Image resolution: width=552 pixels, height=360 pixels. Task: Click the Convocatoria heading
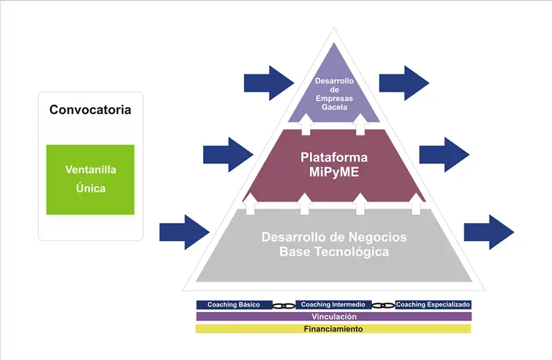pyautogui.click(x=90, y=109)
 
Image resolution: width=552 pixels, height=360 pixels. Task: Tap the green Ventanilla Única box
pyautogui.click(x=90, y=179)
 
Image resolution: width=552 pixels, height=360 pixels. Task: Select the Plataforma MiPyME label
pyautogui.click(x=334, y=164)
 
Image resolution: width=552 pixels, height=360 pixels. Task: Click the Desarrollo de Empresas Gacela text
pyautogui.click(x=334, y=94)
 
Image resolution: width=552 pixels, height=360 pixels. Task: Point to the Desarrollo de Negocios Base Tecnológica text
pyautogui.click(x=334, y=244)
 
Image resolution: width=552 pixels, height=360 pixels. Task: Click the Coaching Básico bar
pyautogui.click(x=234, y=305)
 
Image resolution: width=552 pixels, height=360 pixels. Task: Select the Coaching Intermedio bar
pyautogui.click(x=333, y=305)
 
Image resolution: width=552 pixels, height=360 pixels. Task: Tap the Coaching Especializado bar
pyautogui.click(x=433, y=305)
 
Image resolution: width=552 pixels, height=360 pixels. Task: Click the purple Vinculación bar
pyautogui.click(x=334, y=316)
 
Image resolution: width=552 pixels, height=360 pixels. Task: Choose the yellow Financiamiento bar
pyautogui.click(x=334, y=329)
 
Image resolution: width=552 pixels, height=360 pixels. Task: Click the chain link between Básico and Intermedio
pyautogui.click(x=284, y=306)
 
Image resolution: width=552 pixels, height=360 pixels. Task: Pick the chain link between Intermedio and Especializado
pyautogui.click(x=383, y=306)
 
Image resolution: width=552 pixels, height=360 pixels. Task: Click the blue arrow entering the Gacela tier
pyautogui.click(x=269, y=83)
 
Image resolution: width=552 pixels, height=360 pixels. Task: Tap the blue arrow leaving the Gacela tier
pyautogui.click(x=404, y=83)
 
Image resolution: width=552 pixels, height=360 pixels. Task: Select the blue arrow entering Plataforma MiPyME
pyautogui.click(x=228, y=154)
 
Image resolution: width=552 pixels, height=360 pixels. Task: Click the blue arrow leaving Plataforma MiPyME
pyautogui.click(x=444, y=154)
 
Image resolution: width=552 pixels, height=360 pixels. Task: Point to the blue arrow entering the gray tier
pyautogui.click(x=184, y=232)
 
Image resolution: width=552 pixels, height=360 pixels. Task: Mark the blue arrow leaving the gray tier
pyautogui.click(x=489, y=232)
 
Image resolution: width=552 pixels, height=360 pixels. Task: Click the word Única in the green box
pyautogui.click(x=91, y=188)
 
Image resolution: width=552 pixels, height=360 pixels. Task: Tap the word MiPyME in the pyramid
pyautogui.click(x=334, y=172)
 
